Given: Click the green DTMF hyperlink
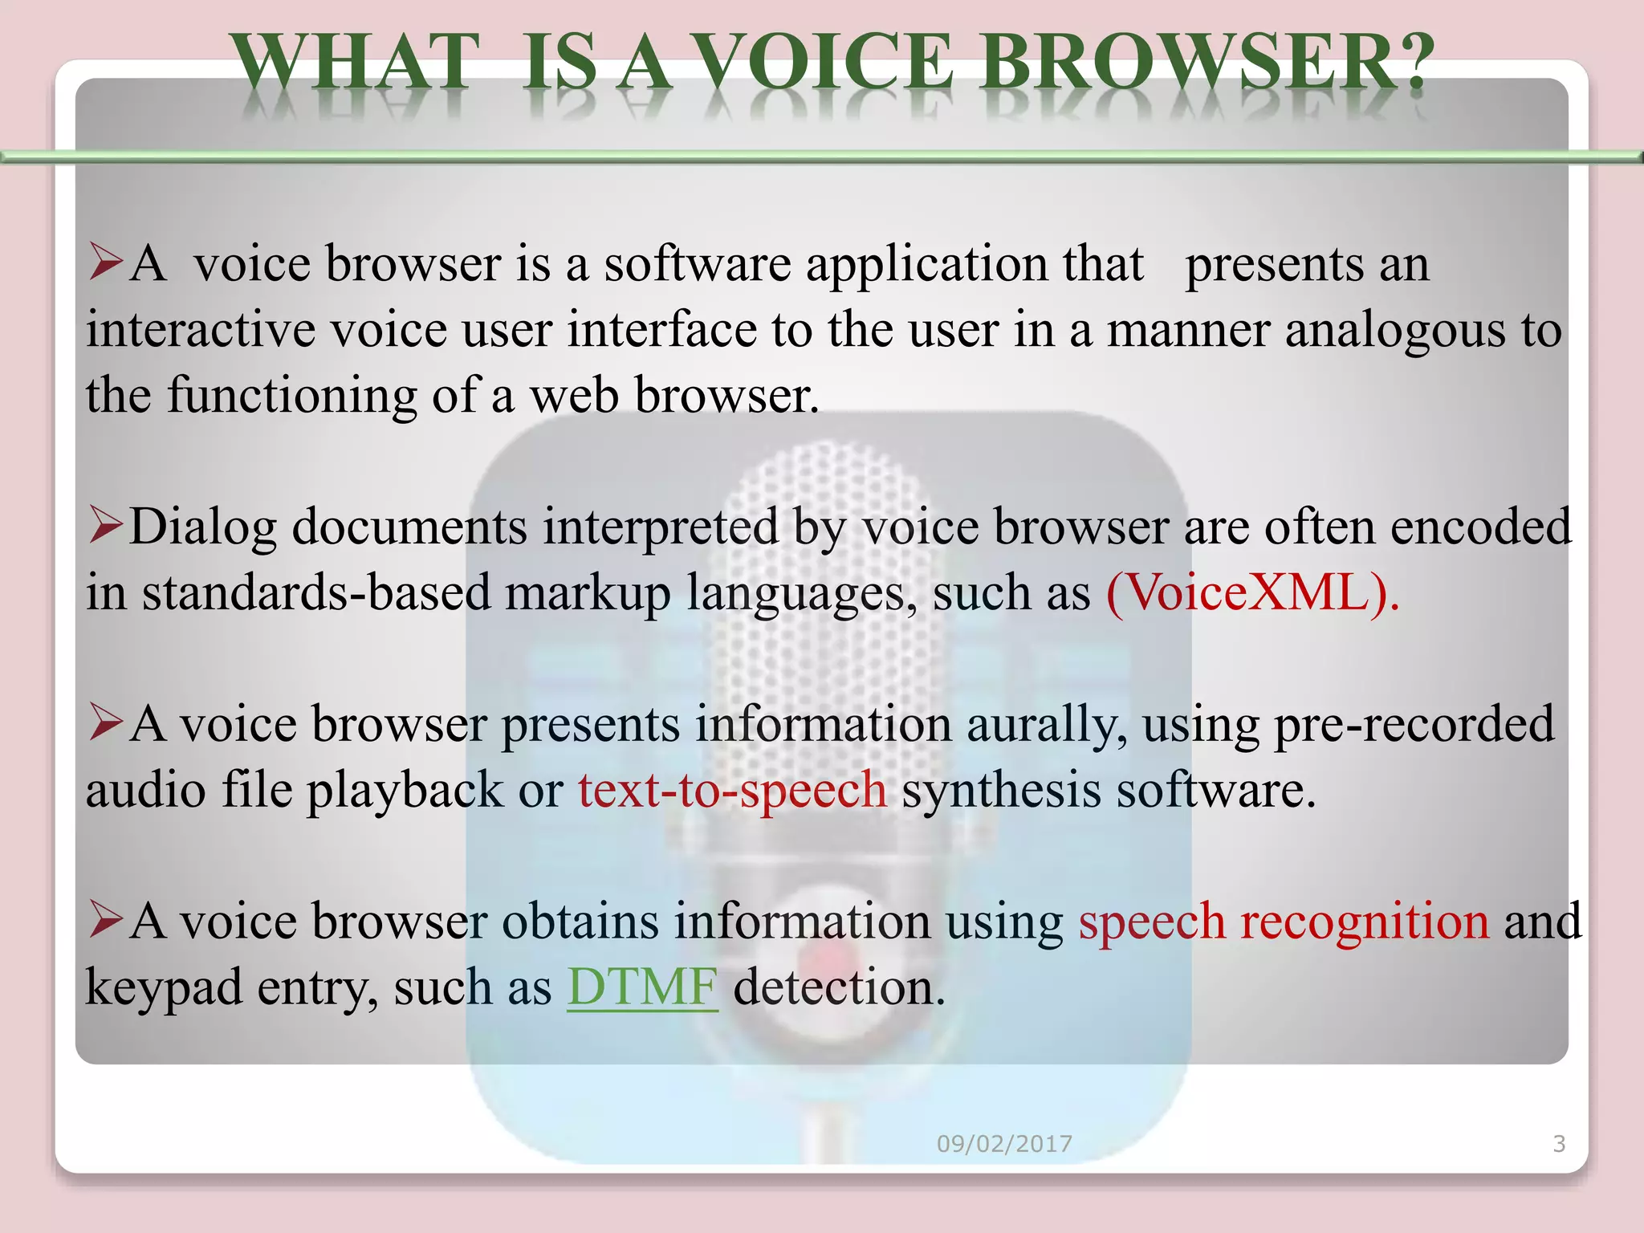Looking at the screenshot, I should pos(642,987).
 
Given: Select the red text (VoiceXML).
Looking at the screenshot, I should pos(1252,593).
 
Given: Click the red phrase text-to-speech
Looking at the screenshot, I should pos(732,790).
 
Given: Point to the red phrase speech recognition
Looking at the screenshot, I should pos(1284,921).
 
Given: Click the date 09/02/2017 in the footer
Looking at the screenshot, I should pos(1004,1144).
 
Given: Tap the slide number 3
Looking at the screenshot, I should pos(1559,1144).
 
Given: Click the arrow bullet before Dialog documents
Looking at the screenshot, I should pos(106,525).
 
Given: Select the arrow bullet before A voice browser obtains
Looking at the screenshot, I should pos(106,919).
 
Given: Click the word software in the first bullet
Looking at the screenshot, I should pos(697,264).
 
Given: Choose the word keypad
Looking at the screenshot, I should pos(164,988).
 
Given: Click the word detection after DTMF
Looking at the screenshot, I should pos(839,987).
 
